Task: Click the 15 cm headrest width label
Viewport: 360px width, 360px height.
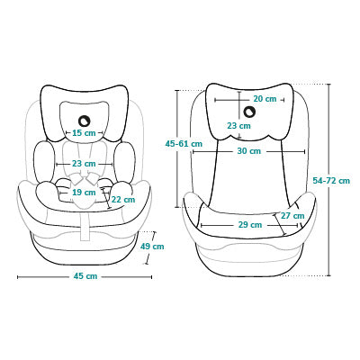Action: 84,132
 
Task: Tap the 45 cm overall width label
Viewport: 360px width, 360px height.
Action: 85,276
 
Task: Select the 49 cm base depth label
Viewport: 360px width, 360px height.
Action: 152,247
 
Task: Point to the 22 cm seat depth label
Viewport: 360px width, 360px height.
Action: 123,199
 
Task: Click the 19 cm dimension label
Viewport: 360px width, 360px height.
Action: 84,192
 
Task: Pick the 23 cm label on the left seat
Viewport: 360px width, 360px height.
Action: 84,164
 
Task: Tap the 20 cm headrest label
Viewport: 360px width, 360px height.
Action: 265,99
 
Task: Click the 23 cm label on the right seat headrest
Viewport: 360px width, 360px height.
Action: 238,126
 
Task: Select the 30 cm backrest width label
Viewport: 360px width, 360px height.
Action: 249,151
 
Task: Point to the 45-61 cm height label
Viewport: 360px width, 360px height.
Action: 184,144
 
